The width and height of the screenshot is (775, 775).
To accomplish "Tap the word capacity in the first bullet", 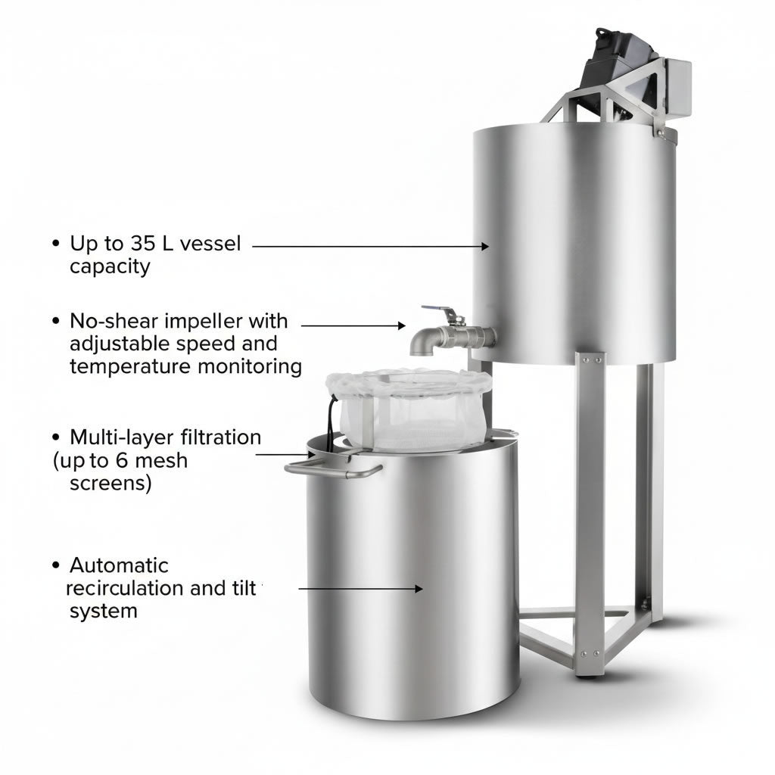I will tap(110, 266).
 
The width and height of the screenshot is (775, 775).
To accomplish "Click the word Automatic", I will tap(119, 565).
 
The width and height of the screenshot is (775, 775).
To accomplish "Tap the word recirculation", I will tap(124, 588).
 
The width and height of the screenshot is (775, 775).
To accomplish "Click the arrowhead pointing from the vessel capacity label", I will tap(485, 246).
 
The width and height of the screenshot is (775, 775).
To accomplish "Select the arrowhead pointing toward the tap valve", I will tap(402, 325).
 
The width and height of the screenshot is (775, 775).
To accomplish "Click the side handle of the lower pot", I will tap(333, 470).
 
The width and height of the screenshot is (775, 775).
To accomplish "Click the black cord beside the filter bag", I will tap(331, 420).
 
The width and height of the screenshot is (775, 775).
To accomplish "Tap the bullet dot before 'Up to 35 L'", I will tap(55, 244).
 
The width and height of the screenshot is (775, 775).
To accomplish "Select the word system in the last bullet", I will tap(104, 611).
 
